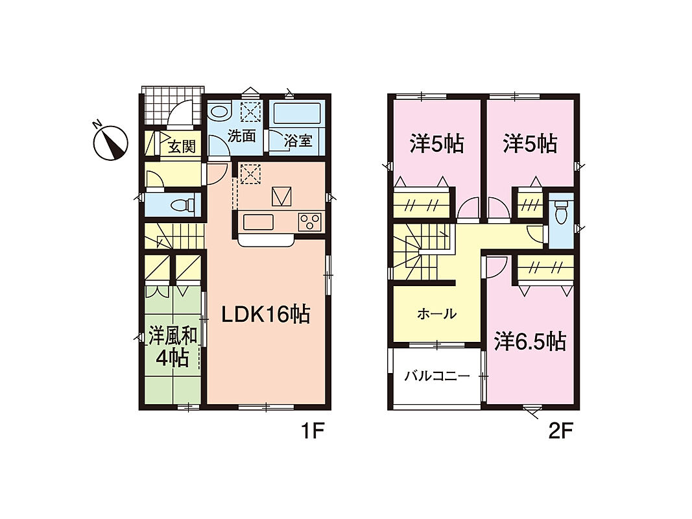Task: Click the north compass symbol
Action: point(110,143)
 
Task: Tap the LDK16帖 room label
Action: point(265,315)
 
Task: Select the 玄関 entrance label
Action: point(182,145)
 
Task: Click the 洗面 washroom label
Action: point(241,136)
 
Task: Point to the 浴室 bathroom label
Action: point(298,141)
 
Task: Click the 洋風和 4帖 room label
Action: point(173,347)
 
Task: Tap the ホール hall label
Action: point(436,314)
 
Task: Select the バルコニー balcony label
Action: point(437,376)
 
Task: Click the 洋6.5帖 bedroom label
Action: point(530,341)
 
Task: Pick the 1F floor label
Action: point(313,431)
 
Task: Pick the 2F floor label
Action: point(560,431)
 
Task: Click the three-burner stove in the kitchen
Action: point(309,222)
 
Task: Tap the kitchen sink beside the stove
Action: point(259,222)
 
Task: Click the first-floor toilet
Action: point(182,205)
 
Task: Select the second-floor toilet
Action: point(561,212)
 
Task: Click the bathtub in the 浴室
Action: point(297,113)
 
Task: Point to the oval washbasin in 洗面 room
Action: point(220,111)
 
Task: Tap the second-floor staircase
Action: point(422,252)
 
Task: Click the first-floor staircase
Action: point(173,236)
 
